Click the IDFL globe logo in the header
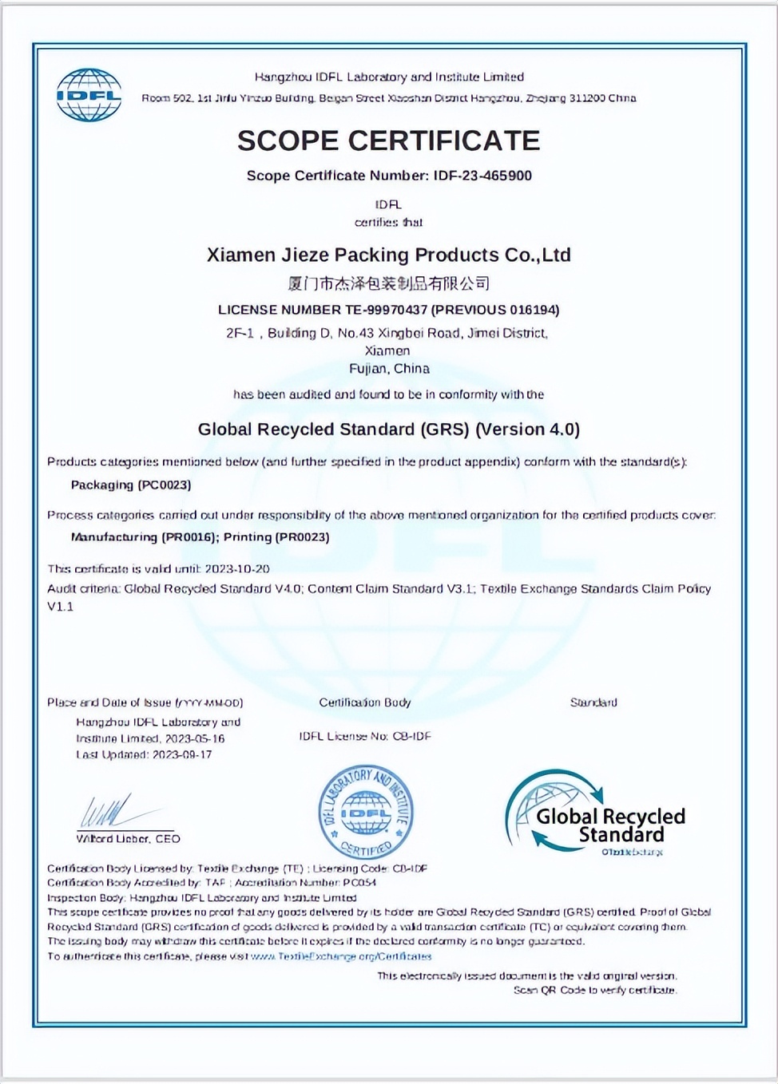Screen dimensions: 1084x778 [x=89, y=95]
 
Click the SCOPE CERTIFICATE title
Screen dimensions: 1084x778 [x=388, y=140]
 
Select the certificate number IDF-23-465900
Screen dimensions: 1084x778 [x=482, y=176]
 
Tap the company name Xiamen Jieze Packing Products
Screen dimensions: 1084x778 [x=388, y=255]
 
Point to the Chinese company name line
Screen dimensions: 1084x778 [x=388, y=283]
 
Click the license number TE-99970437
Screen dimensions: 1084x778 [x=375, y=310]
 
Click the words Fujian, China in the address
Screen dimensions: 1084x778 [x=389, y=369]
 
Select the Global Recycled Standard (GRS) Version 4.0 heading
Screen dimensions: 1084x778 [x=388, y=429]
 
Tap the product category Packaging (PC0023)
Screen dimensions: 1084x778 [x=131, y=485]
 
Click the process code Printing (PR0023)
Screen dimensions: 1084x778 [x=276, y=537]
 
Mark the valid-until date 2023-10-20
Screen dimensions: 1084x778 [x=237, y=569]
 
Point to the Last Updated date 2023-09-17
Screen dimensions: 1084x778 [x=182, y=754]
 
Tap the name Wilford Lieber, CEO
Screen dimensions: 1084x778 [x=128, y=839]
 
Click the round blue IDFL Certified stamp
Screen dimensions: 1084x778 [x=366, y=811]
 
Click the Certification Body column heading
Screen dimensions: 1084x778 [x=364, y=702]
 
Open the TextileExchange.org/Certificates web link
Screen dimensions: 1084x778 [x=342, y=956]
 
